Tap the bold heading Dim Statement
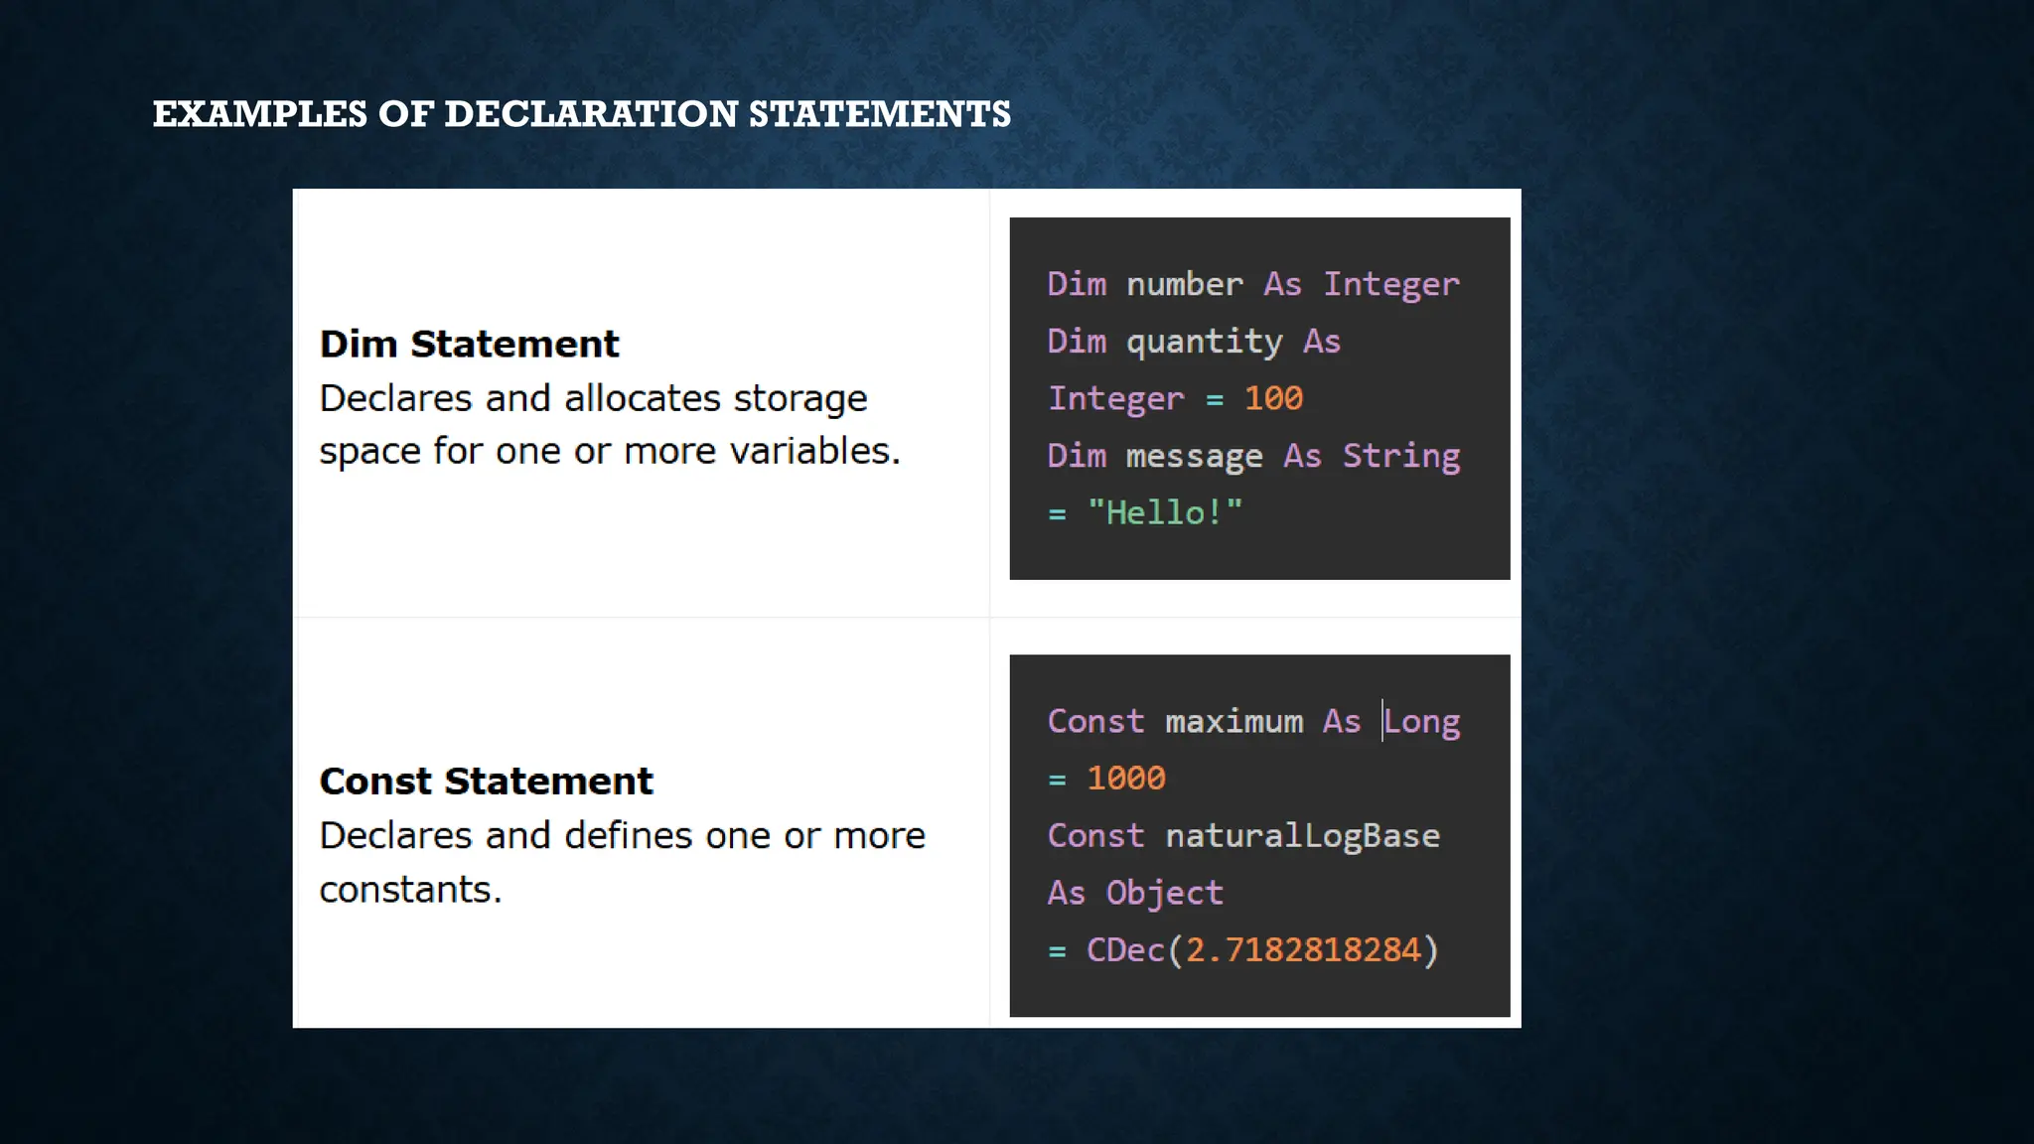pos(469,345)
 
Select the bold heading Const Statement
pos(486,782)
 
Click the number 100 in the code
pos(1273,398)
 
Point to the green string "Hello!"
pos(1165,512)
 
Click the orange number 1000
pos(1125,779)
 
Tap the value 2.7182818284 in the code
pos(1303,950)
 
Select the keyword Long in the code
pos(1421,722)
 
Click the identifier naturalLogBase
pos(1302,836)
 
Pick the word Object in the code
pos(1164,893)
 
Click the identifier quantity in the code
pos(1204,343)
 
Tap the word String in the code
pos(1401,456)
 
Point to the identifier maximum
pos(1234,722)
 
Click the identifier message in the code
pos(1194,457)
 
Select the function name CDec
pos(1125,950)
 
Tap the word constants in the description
pos(410,890)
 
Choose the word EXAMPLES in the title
pos(259,114)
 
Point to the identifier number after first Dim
pos(1184,285)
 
